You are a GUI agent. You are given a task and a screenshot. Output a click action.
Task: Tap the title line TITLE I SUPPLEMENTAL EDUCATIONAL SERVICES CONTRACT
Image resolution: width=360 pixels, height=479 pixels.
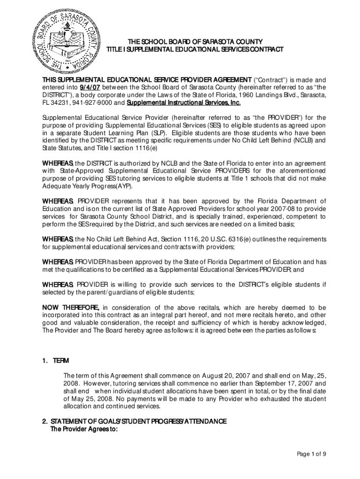coord(195,49)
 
